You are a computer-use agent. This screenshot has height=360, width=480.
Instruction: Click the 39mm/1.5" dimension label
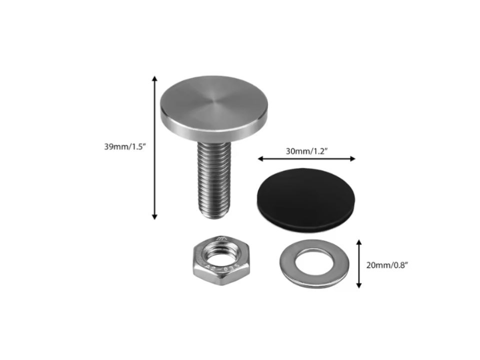(124, 146)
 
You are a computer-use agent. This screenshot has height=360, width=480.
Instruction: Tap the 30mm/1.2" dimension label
(306, 151)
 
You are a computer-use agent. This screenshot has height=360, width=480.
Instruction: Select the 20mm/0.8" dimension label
(387, 265)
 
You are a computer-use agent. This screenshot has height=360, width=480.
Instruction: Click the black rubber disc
(306, 199)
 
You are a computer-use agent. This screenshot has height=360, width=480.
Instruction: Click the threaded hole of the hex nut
(221, 256)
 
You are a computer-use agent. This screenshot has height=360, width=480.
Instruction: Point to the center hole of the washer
(314, 262)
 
